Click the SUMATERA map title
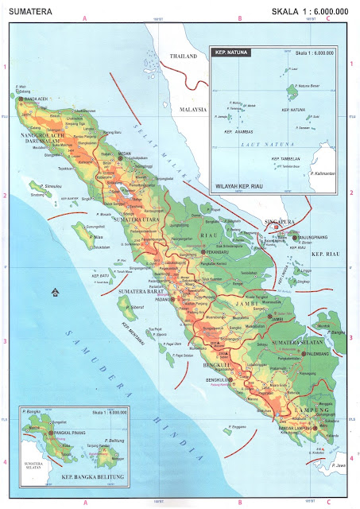[27, 10]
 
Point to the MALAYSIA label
[193, 107]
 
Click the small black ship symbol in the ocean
[53, 292]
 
